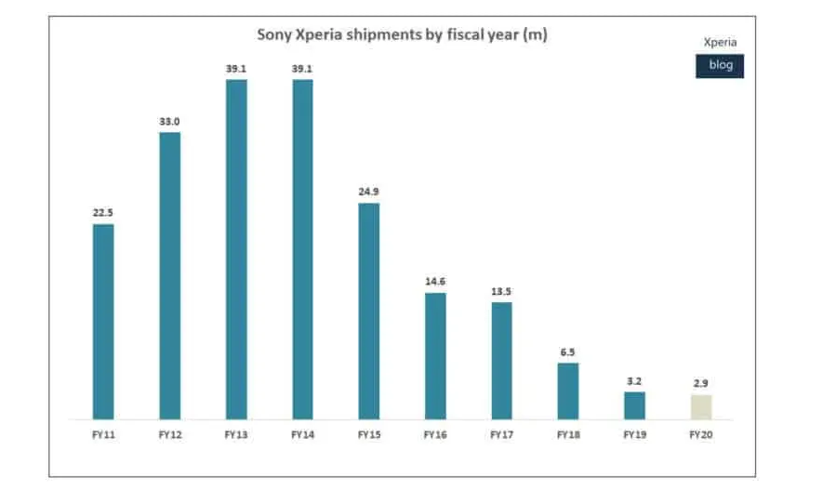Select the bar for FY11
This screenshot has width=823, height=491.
point(103,321)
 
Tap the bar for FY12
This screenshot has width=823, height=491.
point(169,275)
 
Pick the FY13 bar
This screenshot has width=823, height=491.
point(236,249)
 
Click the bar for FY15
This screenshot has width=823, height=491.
point(369,311)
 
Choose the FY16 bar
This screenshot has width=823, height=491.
point(435,355)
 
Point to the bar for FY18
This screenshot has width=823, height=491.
point(568,391)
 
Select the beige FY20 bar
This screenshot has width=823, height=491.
point(701,406)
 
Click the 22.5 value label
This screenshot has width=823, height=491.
point(103,213)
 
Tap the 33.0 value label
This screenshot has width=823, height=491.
point(169,121)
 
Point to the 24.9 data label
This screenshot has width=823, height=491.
point(369,192)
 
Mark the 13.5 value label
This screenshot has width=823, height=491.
point(502,291)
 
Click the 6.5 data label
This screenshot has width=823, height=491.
point(568,352)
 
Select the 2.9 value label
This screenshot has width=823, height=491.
point(701,383)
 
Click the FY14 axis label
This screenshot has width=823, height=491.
point(302,434)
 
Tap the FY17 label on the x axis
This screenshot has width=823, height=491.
point(502,434)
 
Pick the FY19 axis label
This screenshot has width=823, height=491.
point(635,434)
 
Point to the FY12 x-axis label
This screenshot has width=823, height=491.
point(169,434)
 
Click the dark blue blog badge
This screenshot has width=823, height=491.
point(720,65)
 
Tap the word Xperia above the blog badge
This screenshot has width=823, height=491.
point(721,43)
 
